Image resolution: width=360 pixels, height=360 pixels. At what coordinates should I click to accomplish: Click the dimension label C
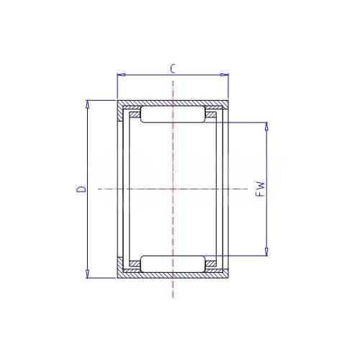[x=173, y=69]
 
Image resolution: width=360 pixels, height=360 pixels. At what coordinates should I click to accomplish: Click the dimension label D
[x=81, y=189]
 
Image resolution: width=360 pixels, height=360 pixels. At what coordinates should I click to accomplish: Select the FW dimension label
[x=260, y=189]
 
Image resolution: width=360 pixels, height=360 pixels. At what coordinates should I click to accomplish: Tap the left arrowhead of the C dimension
[x=122, y=75]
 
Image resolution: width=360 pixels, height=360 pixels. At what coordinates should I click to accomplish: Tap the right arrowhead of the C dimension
[x=225, y=75]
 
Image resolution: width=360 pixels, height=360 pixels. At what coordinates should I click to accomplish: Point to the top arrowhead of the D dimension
[x=88, y=104]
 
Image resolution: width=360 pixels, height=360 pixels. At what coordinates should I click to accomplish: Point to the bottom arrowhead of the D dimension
[x=88, y=274]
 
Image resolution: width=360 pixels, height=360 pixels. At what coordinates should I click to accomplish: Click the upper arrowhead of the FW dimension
[x=266, y=127]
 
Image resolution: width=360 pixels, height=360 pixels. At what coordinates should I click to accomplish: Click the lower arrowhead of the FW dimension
[x=266, y=251]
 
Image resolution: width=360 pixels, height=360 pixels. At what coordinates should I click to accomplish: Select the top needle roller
[x=173, y=114]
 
